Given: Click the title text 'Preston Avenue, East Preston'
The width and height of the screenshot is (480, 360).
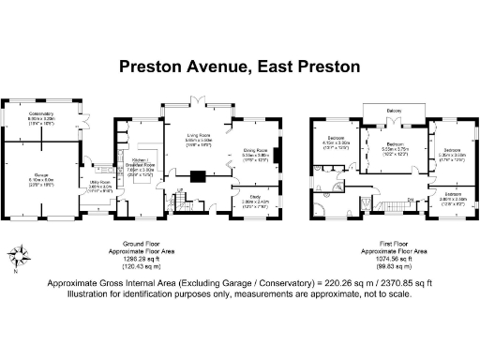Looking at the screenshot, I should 240,67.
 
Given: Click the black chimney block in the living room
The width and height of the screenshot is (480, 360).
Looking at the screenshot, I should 199,173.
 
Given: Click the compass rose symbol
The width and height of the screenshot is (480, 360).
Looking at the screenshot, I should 19,255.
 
